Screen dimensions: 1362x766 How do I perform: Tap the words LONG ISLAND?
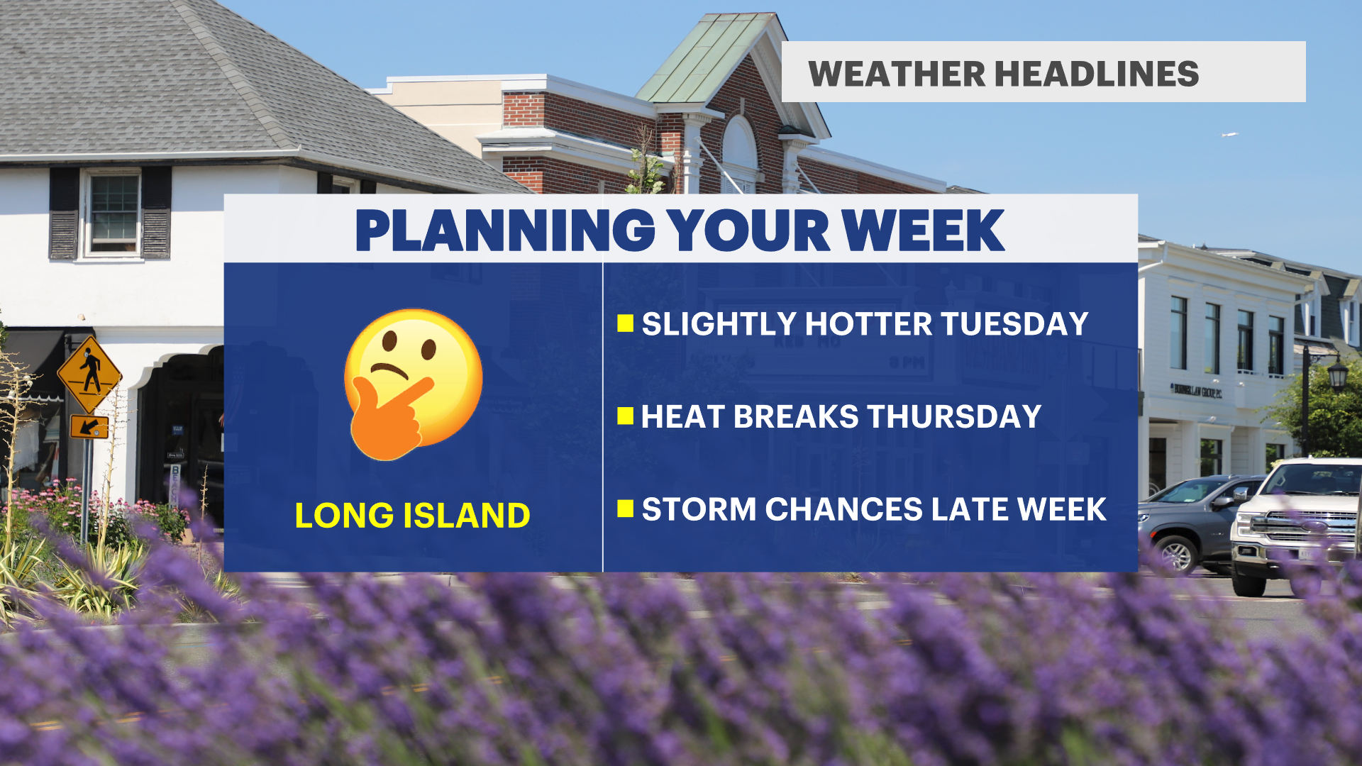tap(412, 516)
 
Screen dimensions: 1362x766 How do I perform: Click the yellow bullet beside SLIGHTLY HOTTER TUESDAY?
tap(625, 323)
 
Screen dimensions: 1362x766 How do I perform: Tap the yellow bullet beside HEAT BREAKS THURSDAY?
tap(625, 416)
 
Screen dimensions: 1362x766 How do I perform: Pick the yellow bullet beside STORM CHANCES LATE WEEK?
tap(625, 509)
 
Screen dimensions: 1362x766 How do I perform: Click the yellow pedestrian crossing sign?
tap(89, 374)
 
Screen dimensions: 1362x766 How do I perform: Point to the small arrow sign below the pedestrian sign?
tap(89, 427)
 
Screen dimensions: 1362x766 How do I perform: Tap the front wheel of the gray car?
tap(1176, 555)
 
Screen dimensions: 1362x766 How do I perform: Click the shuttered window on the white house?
tap(111, 213)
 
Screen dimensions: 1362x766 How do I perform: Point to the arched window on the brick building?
tap(740, 152)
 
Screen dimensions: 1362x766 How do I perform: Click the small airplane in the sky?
tap(1229, 134)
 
